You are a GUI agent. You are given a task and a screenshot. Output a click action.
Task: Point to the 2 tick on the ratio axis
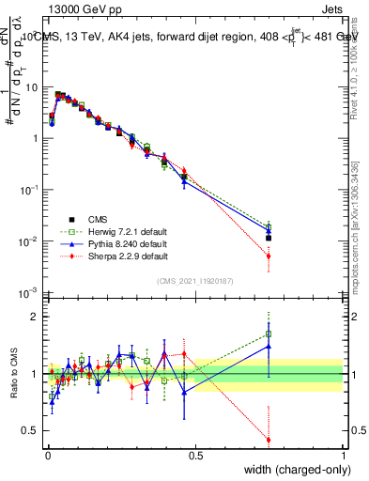(33, 317)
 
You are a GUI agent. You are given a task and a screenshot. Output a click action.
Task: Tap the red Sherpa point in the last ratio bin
(269, 440)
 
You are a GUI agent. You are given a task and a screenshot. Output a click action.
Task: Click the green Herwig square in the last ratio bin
(269, 334)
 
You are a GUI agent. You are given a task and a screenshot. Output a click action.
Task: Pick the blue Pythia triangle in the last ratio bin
(269, 346)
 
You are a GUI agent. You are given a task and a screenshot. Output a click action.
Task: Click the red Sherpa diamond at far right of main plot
(269, 256)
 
